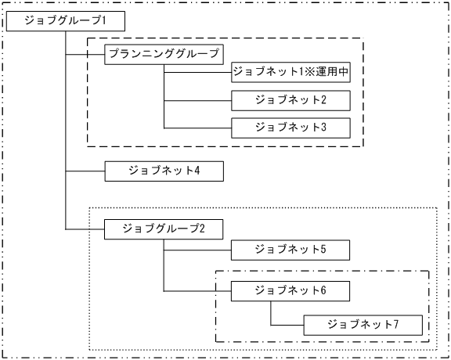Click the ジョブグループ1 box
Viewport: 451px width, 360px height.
click(x=65, y=22)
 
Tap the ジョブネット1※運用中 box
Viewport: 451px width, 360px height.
click(x=290, y=72)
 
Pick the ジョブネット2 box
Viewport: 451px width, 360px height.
click(x=290, y=100)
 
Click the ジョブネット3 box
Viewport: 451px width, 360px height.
click(x=290, y=127)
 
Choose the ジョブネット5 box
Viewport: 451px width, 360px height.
click(x=290, y=250)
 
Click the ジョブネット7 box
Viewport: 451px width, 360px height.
click(x=363, y=324)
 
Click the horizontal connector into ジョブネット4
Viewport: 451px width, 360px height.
click(x=85, y=170)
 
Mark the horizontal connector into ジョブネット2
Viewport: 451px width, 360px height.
click(x=197, y=100)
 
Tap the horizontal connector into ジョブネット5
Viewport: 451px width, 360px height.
click(x=197, y=250)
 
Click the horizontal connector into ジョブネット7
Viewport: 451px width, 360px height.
click(x=287, y=324)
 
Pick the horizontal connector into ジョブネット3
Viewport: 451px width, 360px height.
click(x=197, y=127)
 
